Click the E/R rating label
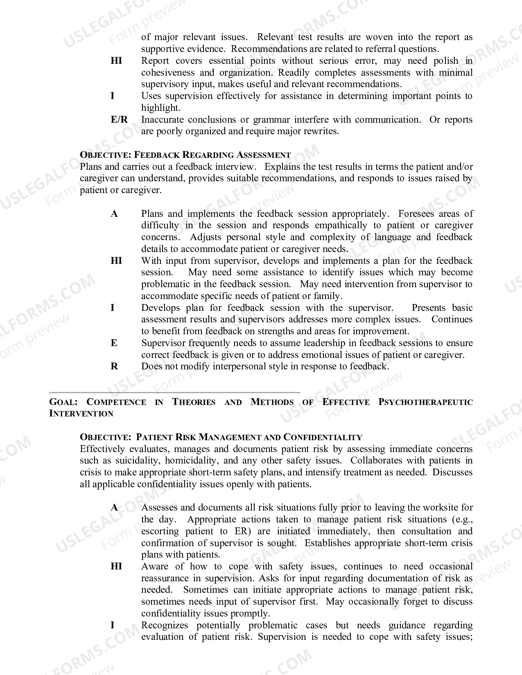click(119, 119)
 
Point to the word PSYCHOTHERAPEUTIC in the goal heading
click(425, 402)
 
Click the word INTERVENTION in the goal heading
click(81, 414)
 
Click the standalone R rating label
click(114, 367)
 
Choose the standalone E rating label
click(114, 343)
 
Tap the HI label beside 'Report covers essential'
click(116, 61)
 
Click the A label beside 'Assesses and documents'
click(114, 508)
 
